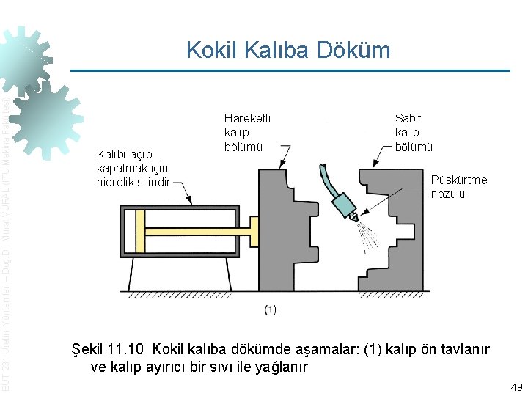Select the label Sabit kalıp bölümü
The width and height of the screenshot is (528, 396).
coord(414,133)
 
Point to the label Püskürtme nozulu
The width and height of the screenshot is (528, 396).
coord(458,187)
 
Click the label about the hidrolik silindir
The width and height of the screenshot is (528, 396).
coord(133,168)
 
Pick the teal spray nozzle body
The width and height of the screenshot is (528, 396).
coord(345,206)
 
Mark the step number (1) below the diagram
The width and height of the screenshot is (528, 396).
coord(270,309)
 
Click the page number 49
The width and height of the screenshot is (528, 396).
coord(515,386)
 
